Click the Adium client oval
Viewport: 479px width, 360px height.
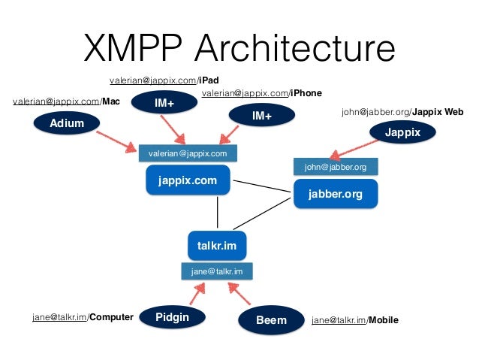(67, 123)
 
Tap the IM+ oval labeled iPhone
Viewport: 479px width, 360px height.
(262, 116)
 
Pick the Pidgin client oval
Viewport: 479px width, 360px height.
(172, 317)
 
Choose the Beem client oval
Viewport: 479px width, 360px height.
(271, 320)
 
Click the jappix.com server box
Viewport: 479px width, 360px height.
(188, 180)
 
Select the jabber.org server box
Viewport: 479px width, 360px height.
(335, 194)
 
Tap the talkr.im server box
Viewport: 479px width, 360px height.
(216, 246)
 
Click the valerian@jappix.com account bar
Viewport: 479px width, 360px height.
(188, 153)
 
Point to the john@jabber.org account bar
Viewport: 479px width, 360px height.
(335, 167)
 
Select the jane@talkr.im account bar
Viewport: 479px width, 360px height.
(216, 271)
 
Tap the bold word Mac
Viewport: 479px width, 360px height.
(111, 101)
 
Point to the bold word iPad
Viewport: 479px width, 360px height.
(209, 80)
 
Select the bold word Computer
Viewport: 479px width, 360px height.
(111, 317)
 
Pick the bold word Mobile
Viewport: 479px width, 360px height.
(383, 320)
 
